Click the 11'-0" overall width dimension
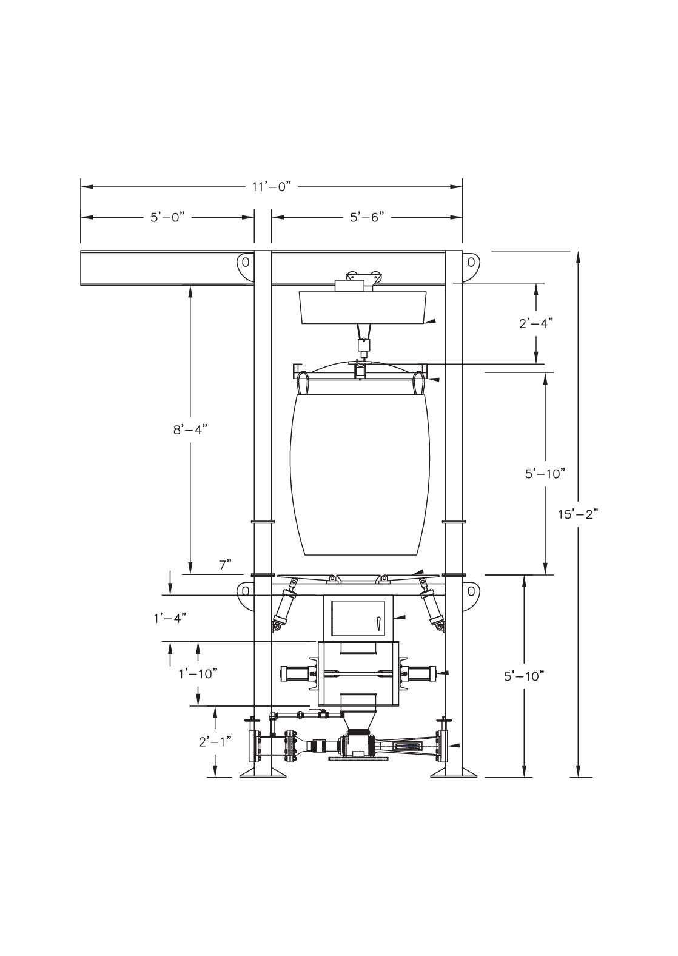tap(272, 186)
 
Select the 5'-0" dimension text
tap(167, 217)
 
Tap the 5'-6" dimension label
tap(367, 217)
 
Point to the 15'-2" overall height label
tap(578, 514)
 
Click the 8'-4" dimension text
tap(190, 429)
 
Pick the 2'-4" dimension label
tap(536, 323)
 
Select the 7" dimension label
tap(226, 565)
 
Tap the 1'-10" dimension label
tap(198, 673)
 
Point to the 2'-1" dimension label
tap(215, 741)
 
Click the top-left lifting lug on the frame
tap(244, 265)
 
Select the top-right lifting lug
tap(471, 264)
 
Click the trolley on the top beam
tap(357, 282)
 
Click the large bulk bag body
tap(363, 473)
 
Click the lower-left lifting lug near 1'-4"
tap(244, 593)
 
